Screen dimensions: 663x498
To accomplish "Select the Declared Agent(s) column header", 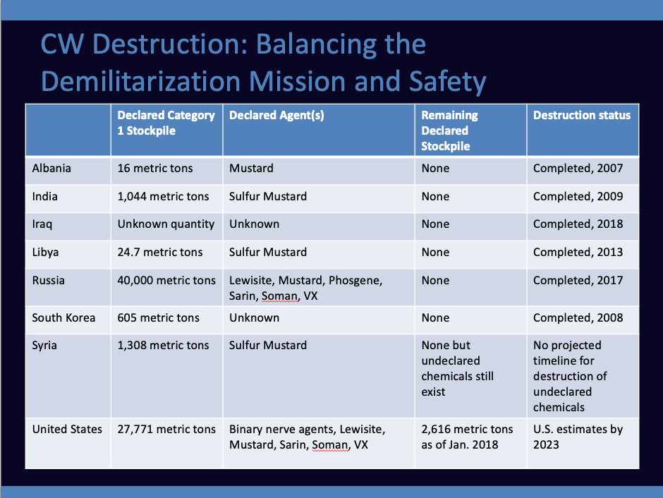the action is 276,116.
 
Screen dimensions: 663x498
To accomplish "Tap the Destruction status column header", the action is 581,115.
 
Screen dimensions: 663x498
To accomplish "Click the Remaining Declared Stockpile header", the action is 449,130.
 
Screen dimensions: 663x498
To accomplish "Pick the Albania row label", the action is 51,169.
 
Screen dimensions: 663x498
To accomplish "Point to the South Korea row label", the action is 63,317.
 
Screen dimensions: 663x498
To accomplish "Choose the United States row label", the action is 67,429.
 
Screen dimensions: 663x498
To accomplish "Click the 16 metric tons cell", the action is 154,169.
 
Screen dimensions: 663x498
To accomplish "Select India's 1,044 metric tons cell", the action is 163,197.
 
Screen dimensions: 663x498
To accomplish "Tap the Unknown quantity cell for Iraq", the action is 166,224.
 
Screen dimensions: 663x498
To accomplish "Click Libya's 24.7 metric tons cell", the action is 160,253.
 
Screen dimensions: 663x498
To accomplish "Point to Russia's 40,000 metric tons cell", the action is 166,281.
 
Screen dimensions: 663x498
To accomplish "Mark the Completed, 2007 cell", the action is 578,169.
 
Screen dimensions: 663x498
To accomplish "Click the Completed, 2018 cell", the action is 578,224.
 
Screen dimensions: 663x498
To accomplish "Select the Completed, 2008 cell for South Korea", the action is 578,318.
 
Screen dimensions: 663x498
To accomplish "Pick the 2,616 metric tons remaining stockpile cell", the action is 467,437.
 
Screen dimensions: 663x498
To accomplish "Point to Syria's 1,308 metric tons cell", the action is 163,346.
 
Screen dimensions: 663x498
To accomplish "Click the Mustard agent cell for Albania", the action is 251,169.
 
